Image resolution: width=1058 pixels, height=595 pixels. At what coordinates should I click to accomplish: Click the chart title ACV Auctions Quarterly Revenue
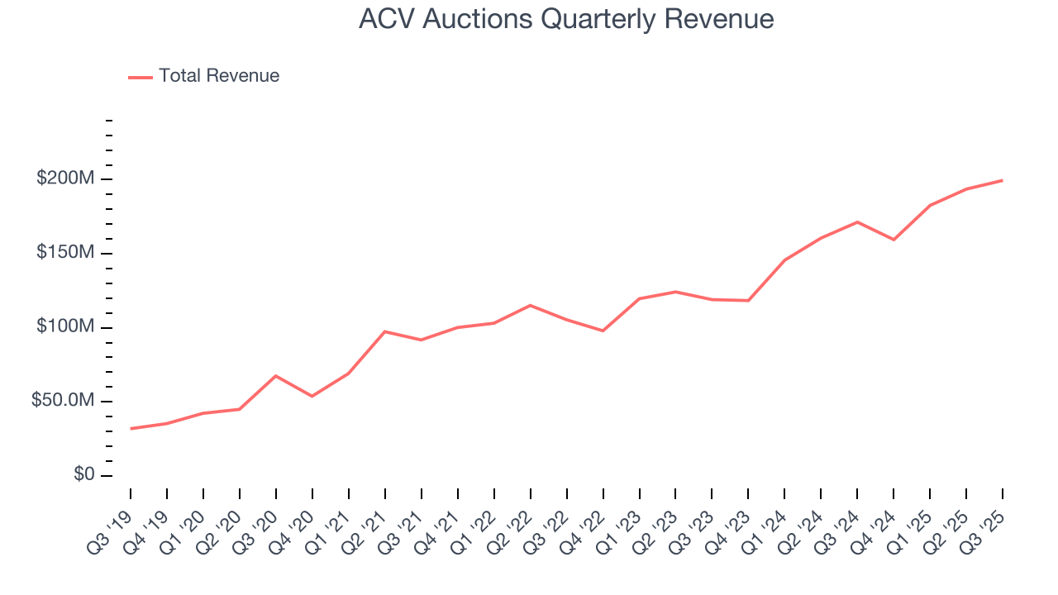tap(566, 19)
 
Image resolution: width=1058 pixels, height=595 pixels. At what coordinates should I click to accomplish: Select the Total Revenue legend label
tap(219, 76)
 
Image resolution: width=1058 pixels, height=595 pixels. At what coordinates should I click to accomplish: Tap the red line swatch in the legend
tap(141, 77)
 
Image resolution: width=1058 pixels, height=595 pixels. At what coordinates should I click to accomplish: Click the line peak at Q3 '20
tap(276, 376)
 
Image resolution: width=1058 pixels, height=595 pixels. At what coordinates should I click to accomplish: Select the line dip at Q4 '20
tap(312, 397)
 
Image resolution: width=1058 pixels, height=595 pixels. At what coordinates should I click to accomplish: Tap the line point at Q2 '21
tap(385, 331)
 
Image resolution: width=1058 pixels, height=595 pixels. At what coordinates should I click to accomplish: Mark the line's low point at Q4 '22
tap(603, 331)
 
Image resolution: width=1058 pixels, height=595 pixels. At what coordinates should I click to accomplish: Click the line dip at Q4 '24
tap(894, 240)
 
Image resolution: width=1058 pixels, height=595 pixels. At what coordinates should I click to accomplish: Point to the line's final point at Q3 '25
tap(1003, 180)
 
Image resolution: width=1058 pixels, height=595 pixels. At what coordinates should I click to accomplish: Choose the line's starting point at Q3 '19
tap(131, 429)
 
